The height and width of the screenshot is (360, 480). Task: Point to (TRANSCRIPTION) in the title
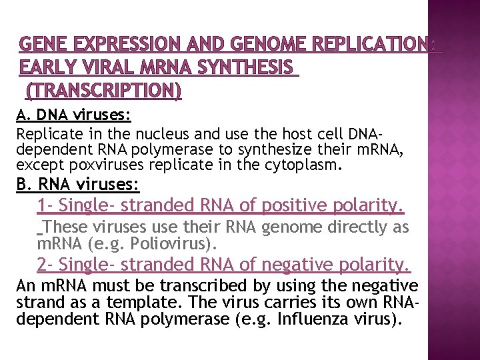click(103, 89)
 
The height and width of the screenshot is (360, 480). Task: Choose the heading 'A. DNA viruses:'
click(73, 115)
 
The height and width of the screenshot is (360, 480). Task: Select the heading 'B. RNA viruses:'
click(77, 183)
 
